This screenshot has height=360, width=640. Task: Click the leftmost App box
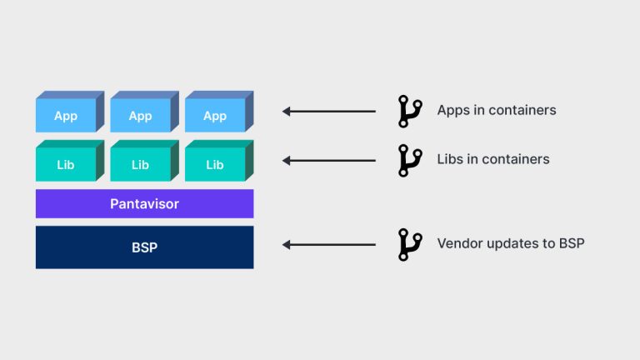(x=66, y=116)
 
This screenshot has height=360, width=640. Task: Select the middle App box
(x=140, y=116)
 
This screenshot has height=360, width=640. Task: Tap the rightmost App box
(x=215, y=116)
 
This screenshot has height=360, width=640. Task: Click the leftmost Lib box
(x=66, y=164)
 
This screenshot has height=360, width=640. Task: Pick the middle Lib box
(x=140, y=164)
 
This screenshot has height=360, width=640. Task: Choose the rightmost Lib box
(x=215, y=164)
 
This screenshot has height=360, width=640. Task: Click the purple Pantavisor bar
(x=144, y=203)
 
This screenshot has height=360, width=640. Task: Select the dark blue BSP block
(x=144, y=247)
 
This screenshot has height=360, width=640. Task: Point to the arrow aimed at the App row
(x=329, y=111)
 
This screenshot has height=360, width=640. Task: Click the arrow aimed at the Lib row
(x=329, y=159)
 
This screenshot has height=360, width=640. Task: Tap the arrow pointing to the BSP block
(x=329, y=244)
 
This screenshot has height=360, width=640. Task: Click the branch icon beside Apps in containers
(x=409, y=111)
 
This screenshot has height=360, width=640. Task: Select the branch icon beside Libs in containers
(x=409, y=159)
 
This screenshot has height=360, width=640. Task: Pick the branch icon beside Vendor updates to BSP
(x=409, y=244)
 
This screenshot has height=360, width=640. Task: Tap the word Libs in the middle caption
(x=451, y=159)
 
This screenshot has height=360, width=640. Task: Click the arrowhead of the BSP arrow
(x=287, y=244)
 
